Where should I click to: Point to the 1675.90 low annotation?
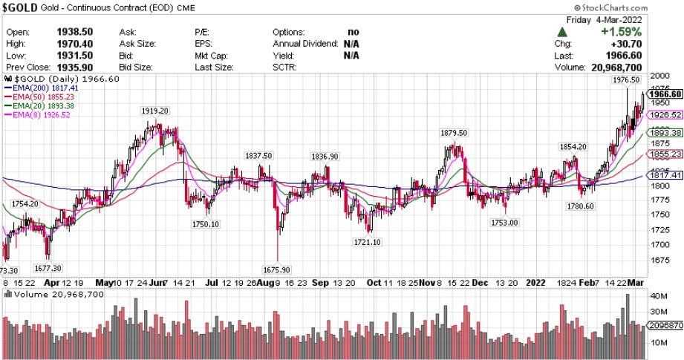click(277, 269)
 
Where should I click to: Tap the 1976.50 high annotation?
click(626, 79)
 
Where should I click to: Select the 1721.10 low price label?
click(366, 242)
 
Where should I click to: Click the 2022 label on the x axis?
click(535, 283)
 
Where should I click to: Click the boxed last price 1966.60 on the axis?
click(665, 94)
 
